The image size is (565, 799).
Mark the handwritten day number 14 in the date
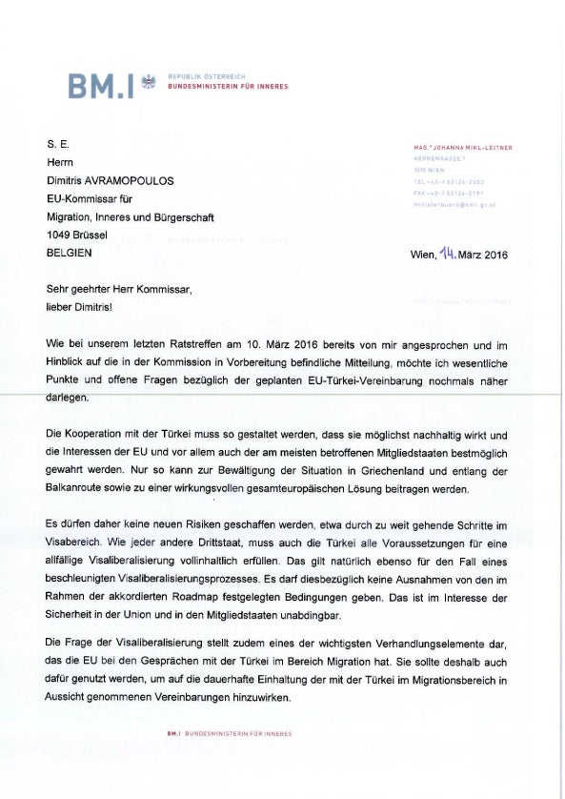(x=449, y=253)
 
